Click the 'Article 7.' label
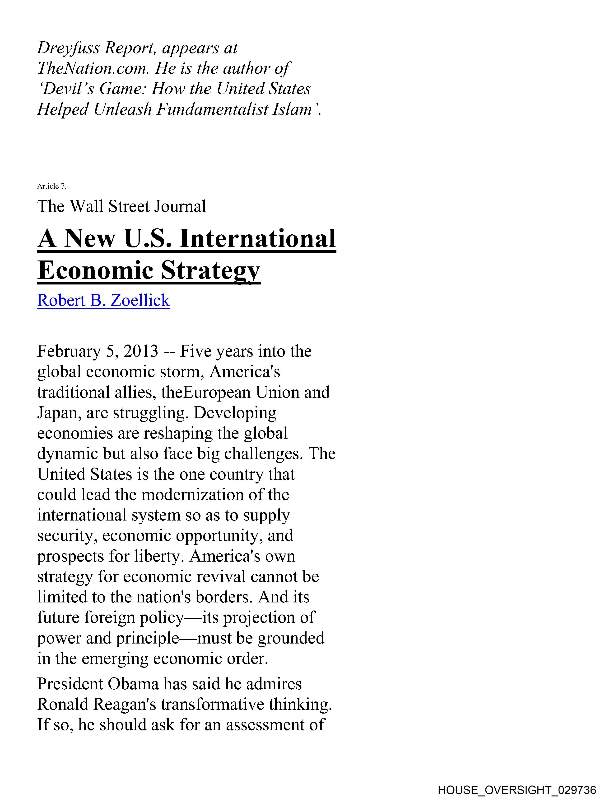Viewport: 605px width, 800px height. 52,186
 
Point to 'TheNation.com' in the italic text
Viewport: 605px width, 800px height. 93,69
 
